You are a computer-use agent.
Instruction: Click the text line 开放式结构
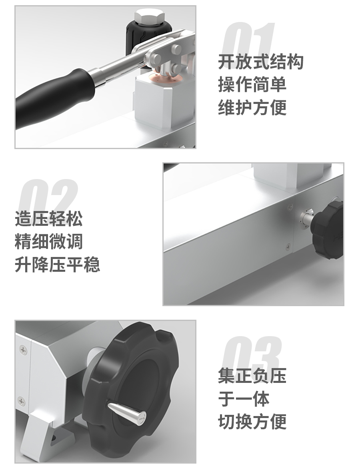[260, 62]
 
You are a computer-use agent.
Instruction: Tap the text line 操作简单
[252, 85]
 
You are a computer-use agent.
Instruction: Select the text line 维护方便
[252, 108]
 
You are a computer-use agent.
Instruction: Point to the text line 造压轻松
[48, 219]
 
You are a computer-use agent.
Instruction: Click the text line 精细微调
[48, 242]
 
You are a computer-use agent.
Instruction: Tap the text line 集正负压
[252, 376]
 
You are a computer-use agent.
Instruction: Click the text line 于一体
[244, 399]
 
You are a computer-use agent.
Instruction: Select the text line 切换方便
[252, 421]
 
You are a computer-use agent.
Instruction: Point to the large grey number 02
[48, 196]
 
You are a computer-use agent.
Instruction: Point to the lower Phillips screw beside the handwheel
[21, 401]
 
